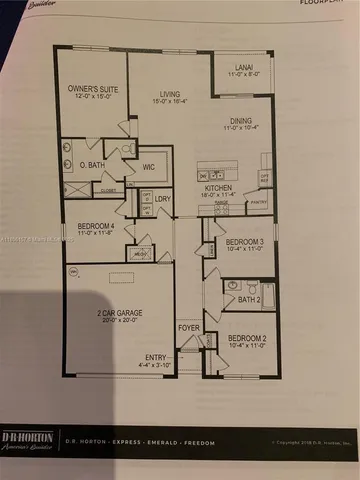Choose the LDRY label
click(161, 200)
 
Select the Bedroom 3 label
click(244, 243)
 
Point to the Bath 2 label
click(248, 298)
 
